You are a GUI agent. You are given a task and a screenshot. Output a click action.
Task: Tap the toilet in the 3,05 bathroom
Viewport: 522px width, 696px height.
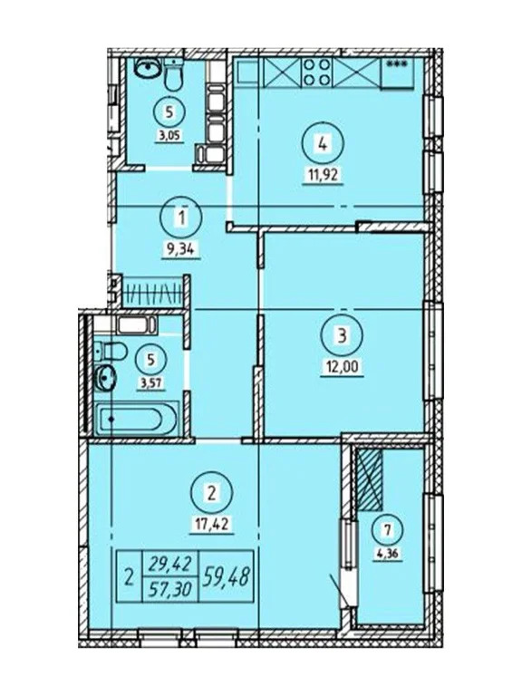[x=173, y=74]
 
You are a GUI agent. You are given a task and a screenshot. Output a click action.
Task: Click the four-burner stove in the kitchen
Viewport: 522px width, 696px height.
[x=316, y=72]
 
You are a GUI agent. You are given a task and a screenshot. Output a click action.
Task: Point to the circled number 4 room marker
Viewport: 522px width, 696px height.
[x=323, y=144]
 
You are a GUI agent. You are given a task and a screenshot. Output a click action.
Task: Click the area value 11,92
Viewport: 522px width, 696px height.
[x=323, y=174]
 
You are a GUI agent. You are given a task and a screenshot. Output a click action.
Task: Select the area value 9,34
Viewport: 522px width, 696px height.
[x=181, y=249]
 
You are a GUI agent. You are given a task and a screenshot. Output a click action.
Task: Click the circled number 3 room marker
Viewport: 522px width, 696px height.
[x=343, y=335]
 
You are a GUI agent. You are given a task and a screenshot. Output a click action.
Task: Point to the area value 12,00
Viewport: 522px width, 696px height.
[x=343, y=368]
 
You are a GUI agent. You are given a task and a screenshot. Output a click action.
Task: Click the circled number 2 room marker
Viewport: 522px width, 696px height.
[x=211, y=493]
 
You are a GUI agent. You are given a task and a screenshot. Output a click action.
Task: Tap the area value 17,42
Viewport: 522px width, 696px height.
[x=211, y=526]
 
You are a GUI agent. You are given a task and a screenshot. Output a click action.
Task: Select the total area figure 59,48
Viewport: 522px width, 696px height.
[x=226, y=577]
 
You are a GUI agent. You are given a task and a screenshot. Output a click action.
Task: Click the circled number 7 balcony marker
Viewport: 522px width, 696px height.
[x=388, y=530]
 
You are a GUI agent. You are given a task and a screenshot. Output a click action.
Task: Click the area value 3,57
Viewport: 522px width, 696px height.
[x=152, y=383]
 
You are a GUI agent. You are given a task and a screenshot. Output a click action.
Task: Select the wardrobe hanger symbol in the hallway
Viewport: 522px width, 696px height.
[x=152, y=292]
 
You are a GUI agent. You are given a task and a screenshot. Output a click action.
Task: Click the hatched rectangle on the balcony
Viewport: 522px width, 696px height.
[x=370, y=478]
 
